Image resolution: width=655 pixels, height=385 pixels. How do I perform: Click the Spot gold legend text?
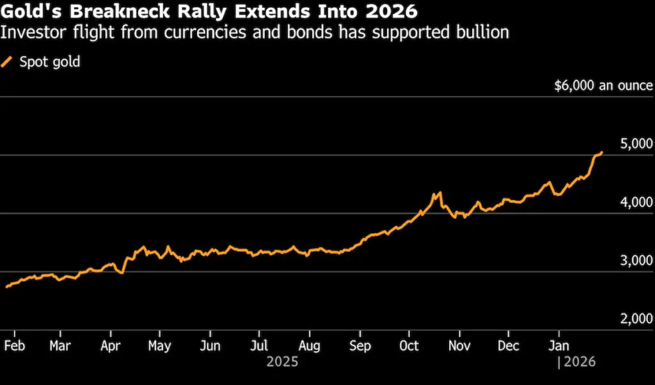pyautogui.click(x=50, y=62)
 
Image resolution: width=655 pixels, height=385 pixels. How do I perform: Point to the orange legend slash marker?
pyautogui.click(x=8, y=62)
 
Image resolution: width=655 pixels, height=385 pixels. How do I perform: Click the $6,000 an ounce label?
pyautogui.click(x=603, y=86)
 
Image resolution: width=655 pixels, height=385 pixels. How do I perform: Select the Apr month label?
pyautogui.click(x=111, y=345)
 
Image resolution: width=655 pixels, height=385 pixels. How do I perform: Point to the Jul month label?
pyautogui.click(x=258, y=345)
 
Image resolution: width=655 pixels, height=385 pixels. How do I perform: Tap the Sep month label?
pyautogui.click(x=359, y=345)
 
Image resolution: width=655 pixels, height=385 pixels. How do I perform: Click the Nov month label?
pyautogui.click(x=459, y=345)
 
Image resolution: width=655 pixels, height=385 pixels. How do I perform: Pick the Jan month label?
pyautogui.click(x=559, y=345)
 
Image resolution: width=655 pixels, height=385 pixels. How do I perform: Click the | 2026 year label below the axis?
pyautogui.click(x=577, y=362)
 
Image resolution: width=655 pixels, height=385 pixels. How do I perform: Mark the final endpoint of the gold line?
pyautogui.click(x=602, y=152)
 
